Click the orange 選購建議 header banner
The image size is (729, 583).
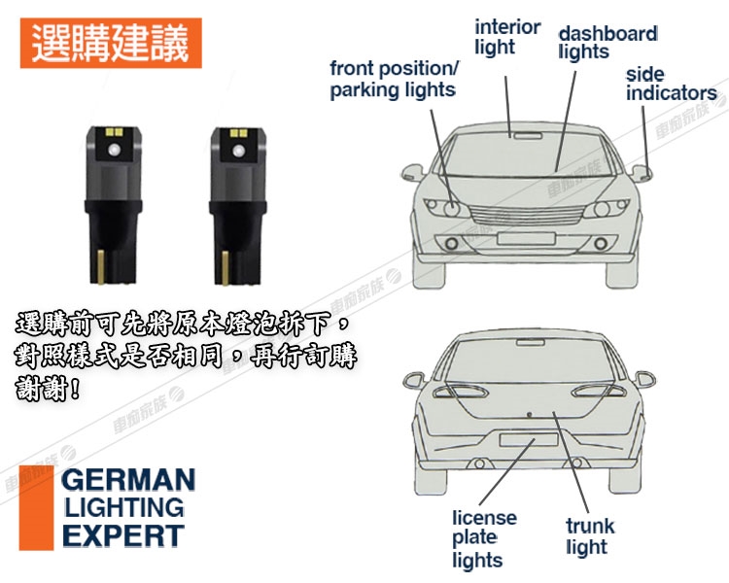pyautogui.click(x=111, y=43)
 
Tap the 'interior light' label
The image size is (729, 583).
pyautogui.click(x=507, y=37)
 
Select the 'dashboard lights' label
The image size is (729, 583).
pyautogui.click(x=607, y=43)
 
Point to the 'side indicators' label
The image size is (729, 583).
pyautogui.click(x=672, y=85)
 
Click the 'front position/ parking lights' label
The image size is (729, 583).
pyautogui.click(x=394, y=79)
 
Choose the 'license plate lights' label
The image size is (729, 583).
pyautogui.click(x=484, y=538)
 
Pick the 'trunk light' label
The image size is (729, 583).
pyautogui.click(x=590, y=536)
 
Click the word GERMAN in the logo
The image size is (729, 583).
pyautogui.click(x=128, y=480)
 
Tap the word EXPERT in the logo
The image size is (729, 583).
pyautogui.click(x=123, y=535)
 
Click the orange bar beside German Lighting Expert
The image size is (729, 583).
pyautogui.click(x=36, y=507)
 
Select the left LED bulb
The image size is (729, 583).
pyautogui.click(x=114, y=205)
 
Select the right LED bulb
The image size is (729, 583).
pyautogui.click(x=238, y=205)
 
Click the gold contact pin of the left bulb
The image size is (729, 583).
pyautogui.click(x=100, y=266)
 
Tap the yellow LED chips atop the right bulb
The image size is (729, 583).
pyautogui.click(x=238, y=134)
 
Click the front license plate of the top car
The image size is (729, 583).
pyautogui.click(x=526, y=239)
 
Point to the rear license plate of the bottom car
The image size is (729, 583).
pyautogui.click(x=529, y=439)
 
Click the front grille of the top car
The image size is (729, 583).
pyautogui.click(x=526, y=215)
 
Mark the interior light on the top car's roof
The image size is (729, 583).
pyautogui.click(x=527, y=136)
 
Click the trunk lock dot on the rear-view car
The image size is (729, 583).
pyautogui.click(x=529, y=414)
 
